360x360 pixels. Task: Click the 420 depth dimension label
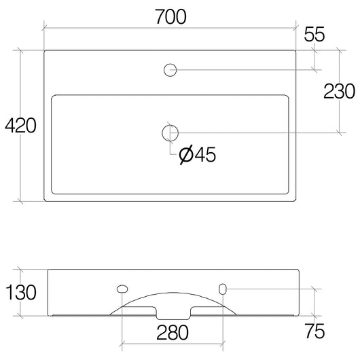click(x=19, y=126)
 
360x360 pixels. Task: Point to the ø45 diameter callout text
click(x=197, y=156)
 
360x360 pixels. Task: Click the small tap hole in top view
click(x=170, y=69)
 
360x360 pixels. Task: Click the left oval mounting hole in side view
click(x=122, y=289)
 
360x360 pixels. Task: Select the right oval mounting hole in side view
click(x=222, y=289)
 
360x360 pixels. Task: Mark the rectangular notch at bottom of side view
click(x=172, y=313)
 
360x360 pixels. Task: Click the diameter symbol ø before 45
click(x=186, y=156)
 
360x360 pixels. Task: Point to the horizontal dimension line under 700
click(x=170, y=31)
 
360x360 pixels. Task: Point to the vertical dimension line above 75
click(x=314, y=302)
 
